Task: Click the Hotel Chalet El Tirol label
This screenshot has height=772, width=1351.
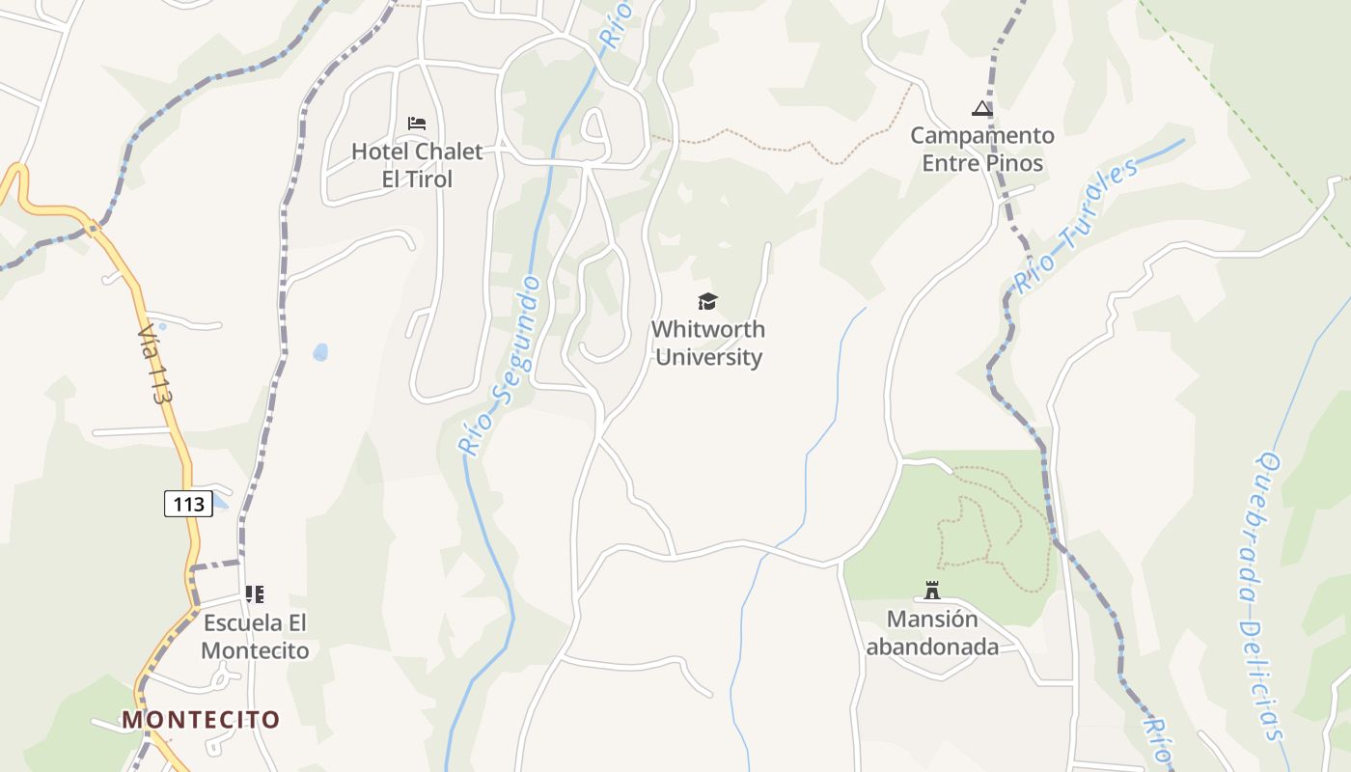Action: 416,165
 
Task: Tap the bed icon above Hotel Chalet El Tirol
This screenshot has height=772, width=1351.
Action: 417,124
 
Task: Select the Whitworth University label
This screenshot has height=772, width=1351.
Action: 708,343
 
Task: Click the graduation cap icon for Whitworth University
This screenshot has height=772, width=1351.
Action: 708,302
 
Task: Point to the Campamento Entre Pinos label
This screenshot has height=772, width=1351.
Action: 982,149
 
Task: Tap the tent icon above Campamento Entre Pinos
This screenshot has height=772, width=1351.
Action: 982,108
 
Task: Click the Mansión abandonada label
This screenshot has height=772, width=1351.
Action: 932,632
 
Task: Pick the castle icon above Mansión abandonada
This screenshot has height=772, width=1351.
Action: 932,590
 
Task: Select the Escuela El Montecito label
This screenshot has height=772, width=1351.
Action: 255,636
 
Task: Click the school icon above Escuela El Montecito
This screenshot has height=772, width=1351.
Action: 255,594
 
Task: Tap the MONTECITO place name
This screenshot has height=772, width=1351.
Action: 200,719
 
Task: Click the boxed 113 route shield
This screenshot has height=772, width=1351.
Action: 188,503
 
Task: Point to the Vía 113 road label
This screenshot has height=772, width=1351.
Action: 155,363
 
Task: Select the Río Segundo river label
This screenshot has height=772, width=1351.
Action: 500,367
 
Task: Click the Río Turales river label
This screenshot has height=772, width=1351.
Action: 1075,227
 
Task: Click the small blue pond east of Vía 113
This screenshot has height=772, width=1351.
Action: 320,353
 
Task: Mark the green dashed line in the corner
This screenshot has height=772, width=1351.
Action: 1245,125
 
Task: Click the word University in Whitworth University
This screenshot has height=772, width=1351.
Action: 708,357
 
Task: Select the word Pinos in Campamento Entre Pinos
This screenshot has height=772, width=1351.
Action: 1012,163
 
